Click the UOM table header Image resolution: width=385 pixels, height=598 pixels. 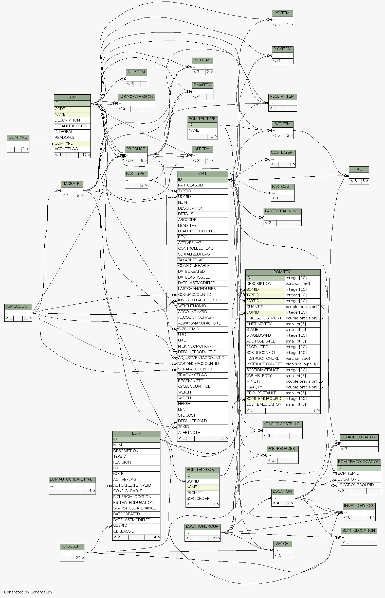click(x=72, y=97)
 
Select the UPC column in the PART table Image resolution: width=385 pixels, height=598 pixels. click(x=202, y=335)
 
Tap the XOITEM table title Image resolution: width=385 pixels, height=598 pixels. click(x=282, y=13)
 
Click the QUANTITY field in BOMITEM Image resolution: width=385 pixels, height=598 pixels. click(x=265, y=307)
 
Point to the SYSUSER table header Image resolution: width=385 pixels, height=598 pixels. click(x=72, y=546)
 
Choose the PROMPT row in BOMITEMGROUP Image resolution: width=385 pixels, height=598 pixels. click(x=202, y=493)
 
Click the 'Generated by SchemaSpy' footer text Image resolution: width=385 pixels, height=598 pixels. click(x=28, y=592)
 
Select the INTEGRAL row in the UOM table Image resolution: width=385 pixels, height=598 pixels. click(x=72, y=132)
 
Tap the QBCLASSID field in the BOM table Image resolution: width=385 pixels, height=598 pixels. click(x=136, y=531)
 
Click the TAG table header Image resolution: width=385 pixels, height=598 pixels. click(x=359, y=169)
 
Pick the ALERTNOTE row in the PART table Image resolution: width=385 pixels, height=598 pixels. click(x=202, y=433)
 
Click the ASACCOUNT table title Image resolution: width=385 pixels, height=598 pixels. click(x=18, y=306)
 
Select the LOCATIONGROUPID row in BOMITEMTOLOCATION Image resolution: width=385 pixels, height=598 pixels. click(x=359, y=485)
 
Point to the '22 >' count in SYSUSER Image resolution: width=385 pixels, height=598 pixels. click(x=80, y=558)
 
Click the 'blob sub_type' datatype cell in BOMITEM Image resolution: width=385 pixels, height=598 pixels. click(x=302, y=364)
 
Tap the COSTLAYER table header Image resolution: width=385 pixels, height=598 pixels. click(x=282, y=153)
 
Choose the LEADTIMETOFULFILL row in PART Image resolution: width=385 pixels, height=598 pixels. click(x=202, y=231)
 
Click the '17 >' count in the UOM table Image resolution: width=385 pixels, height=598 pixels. click(x=85, y=155)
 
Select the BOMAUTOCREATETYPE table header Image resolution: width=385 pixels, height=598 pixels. click(x=72, y=479)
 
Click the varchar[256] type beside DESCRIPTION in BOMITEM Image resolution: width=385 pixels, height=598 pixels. click(x=302, y=284)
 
